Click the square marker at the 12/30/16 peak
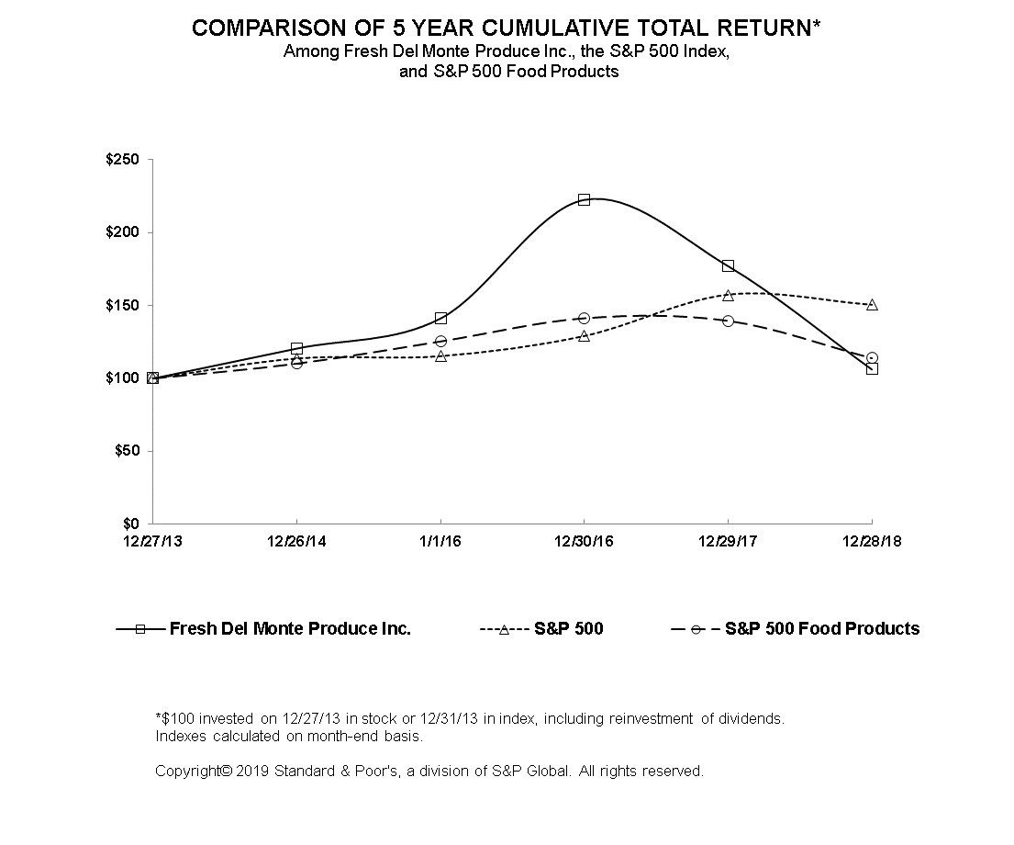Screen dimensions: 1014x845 [584, 199]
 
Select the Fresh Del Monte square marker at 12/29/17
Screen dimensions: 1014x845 [729, 265]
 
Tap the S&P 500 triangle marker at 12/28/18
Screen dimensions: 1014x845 [872, 304]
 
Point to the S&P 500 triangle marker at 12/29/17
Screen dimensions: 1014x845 [729, 295]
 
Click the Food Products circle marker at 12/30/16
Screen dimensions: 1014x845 [584, 318]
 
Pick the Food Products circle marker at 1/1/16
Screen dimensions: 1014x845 [440, 341]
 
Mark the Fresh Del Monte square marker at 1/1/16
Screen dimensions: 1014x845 [440, 318]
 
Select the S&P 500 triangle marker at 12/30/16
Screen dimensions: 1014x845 [584, 335]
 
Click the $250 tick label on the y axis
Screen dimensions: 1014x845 [122, 159]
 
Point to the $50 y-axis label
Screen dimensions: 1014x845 [127, 451]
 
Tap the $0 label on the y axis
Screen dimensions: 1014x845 [130, 524]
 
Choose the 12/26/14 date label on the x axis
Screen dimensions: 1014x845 [296, 541]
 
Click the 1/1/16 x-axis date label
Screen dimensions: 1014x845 [440, 541]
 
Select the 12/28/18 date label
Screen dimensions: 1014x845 [872, 541]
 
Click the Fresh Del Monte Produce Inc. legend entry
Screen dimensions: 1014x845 [263, 629]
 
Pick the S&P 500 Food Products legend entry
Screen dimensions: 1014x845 [796, 629]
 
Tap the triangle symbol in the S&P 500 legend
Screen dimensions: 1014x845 [504, 629]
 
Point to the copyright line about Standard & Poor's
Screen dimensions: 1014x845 [429, 772]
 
